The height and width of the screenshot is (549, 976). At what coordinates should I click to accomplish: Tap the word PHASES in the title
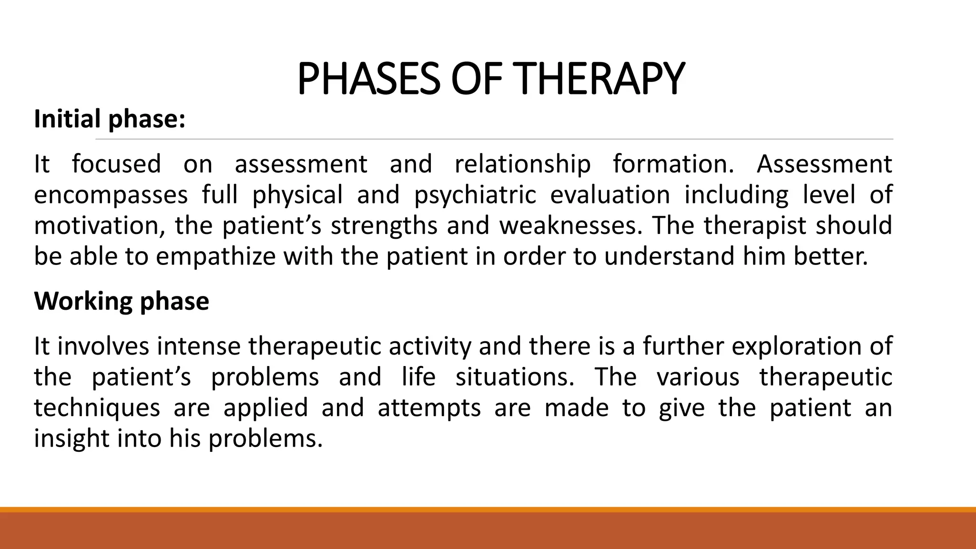[x=368, y=79]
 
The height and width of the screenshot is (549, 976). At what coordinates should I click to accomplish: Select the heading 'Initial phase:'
[x=110, y=119]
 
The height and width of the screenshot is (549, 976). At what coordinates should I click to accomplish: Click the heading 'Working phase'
[x=122, y=301]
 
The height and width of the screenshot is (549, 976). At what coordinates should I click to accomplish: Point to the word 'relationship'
[x=522, y=164]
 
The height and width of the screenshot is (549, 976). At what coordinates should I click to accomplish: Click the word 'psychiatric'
[x=475, y=195]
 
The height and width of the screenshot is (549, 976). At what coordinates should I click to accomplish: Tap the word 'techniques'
[x=97, y=408]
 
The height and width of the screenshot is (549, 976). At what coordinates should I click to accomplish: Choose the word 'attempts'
[x=429, y=408]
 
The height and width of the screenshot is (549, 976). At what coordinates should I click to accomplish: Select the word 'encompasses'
[x=111, y=195]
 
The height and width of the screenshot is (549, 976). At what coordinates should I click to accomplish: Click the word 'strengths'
[x=384, y=226]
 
